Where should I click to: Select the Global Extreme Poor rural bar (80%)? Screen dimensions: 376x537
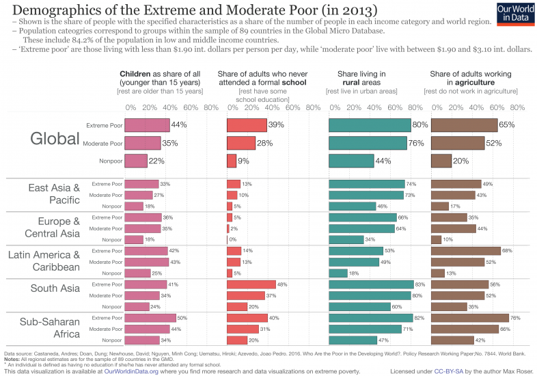coord(370,125)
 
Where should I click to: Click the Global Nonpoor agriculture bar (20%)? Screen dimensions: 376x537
coord(441,161)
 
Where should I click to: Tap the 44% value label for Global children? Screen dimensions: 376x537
coord(179,125)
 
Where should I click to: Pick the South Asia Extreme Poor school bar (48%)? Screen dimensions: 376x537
coord(251,284)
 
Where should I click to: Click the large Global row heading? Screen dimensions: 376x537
coord(55,139)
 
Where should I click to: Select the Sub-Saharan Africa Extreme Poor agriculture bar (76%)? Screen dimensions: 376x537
coord(470,318)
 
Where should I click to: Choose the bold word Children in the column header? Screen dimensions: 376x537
coord(135,74)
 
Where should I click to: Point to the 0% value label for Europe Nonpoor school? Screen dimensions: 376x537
coord(232,240)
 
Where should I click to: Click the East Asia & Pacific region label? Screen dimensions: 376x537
coord(54,194)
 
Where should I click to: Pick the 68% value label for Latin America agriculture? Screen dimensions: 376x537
coord(507,251)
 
